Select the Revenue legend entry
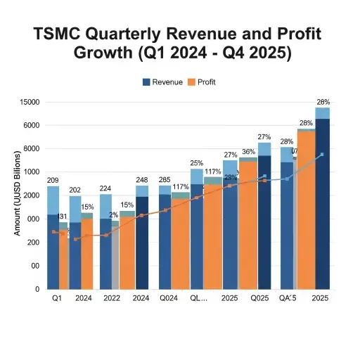(167, 82)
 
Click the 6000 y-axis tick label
(30, 126)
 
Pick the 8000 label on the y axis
(30, 149)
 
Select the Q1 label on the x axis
(58, 298)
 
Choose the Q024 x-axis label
(169, 298)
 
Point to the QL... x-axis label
(200, 298)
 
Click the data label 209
(53, 181)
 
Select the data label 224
(106, 188)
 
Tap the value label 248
(142, 179)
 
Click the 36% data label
(248, 152)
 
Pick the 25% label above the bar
(197, 163)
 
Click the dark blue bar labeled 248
(142, 243)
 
